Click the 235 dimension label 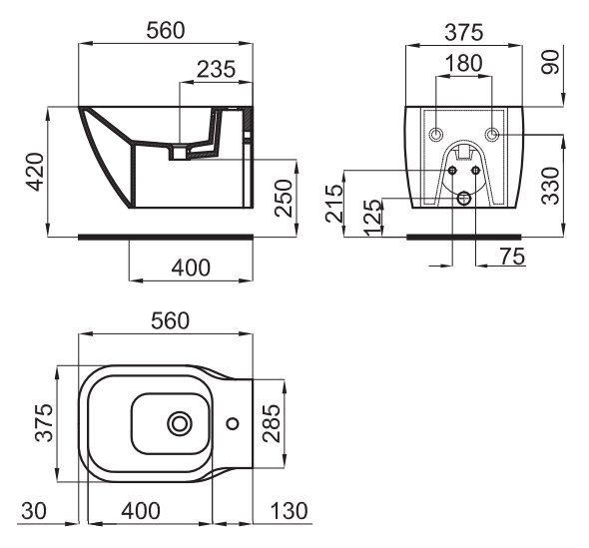[216, 70]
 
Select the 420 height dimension [35, 172]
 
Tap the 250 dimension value [284, 198]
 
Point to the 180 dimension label [463, 63]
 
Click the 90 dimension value [551, 62]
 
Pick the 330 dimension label [551, 186]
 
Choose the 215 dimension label [334, 203]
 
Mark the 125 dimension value [373, 218]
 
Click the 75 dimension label [512, 257]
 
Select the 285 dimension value [272, 423]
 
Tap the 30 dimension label [34, 511]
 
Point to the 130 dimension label [289, 511]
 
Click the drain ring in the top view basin [180, 423]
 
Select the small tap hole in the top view [233, 423]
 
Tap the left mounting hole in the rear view [436, 135]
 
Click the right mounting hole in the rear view [492, 135]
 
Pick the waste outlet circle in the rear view [464, 198]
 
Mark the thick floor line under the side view [166, 237]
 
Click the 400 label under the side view [191, 268]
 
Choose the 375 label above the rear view [464, 32]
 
